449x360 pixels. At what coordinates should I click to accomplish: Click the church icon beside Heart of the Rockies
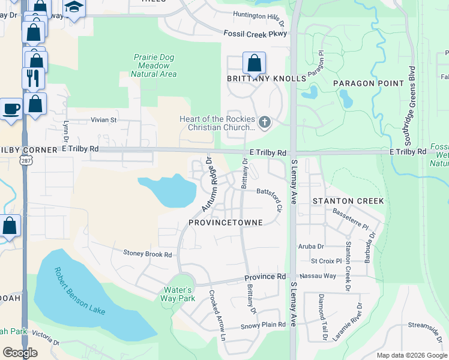tap(264, 123)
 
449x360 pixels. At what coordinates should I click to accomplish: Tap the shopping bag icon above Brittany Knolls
tap(255, 62)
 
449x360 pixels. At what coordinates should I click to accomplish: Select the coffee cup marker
tap(10, 109)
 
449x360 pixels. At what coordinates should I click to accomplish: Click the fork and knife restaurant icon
tap(32, 78)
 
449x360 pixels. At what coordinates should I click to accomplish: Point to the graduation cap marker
tap(74, 7)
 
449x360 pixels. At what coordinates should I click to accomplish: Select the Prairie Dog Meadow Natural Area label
tap(154, 65)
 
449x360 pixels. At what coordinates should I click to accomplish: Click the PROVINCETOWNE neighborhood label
tap(225, 223)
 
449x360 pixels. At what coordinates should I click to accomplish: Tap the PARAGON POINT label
tap(369, 83)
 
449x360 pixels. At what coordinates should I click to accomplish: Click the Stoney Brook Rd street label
tap(148, 254)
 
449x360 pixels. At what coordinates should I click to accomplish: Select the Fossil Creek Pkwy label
tap(255, 34)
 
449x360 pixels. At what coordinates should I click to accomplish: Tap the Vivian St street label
tap(103, 120)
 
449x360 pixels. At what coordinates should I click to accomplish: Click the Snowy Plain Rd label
tap(263, 326)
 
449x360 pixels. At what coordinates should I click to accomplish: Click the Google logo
tap(20, 353)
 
